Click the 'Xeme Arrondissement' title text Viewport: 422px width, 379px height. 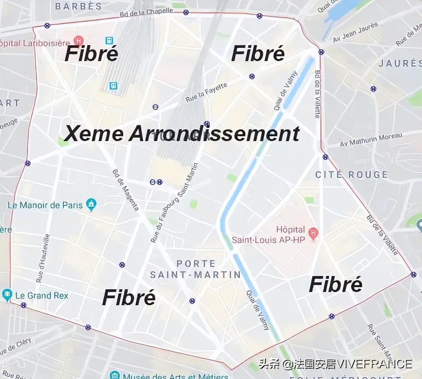[x=182, y=134]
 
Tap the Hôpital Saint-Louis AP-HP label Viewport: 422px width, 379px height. [x=268, y=235]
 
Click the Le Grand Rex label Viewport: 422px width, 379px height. [x=42, y=296]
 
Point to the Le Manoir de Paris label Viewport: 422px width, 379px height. [x=45, y=205]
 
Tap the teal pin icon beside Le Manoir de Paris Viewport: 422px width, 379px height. [x=91, y=205]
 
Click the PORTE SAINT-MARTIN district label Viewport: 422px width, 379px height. [x=195, y=269]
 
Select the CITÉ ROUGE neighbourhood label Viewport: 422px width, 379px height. [x=351, y=174]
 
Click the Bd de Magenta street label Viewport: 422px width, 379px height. [x=126, y=190]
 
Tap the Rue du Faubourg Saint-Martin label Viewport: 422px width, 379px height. [x=174, y=203]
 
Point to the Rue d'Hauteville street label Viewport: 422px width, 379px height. [x=43, y=258]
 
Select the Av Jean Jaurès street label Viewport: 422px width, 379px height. [x=355, y=32]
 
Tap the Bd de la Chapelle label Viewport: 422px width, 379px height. [x=146, y=12]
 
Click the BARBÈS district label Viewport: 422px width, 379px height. [x=78, y=6]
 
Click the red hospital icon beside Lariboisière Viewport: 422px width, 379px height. [x=79, y=41]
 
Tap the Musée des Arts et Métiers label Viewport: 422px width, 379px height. [x=176, y=376]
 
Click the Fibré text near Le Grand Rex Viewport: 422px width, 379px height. [x=129, y=298]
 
